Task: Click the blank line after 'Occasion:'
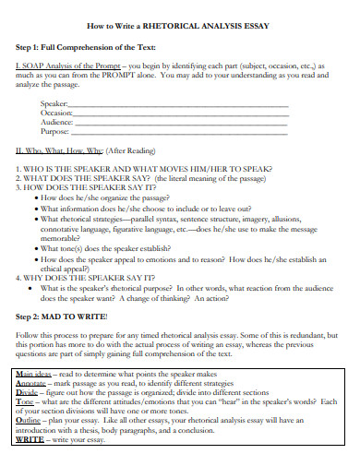181,114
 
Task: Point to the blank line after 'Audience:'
181,123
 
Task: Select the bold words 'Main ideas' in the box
35,374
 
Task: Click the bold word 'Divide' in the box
29,392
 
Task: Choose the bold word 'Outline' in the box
30,420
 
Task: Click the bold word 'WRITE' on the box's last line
30,438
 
